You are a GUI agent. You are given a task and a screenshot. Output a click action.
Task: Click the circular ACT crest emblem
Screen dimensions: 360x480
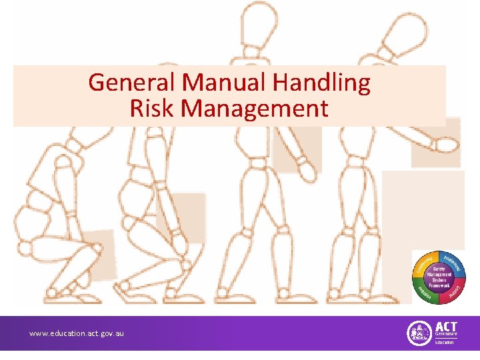419,333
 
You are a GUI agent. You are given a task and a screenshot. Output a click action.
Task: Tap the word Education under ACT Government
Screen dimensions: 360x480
445,342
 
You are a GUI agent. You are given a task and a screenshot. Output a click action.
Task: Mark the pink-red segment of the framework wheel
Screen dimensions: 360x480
455,290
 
